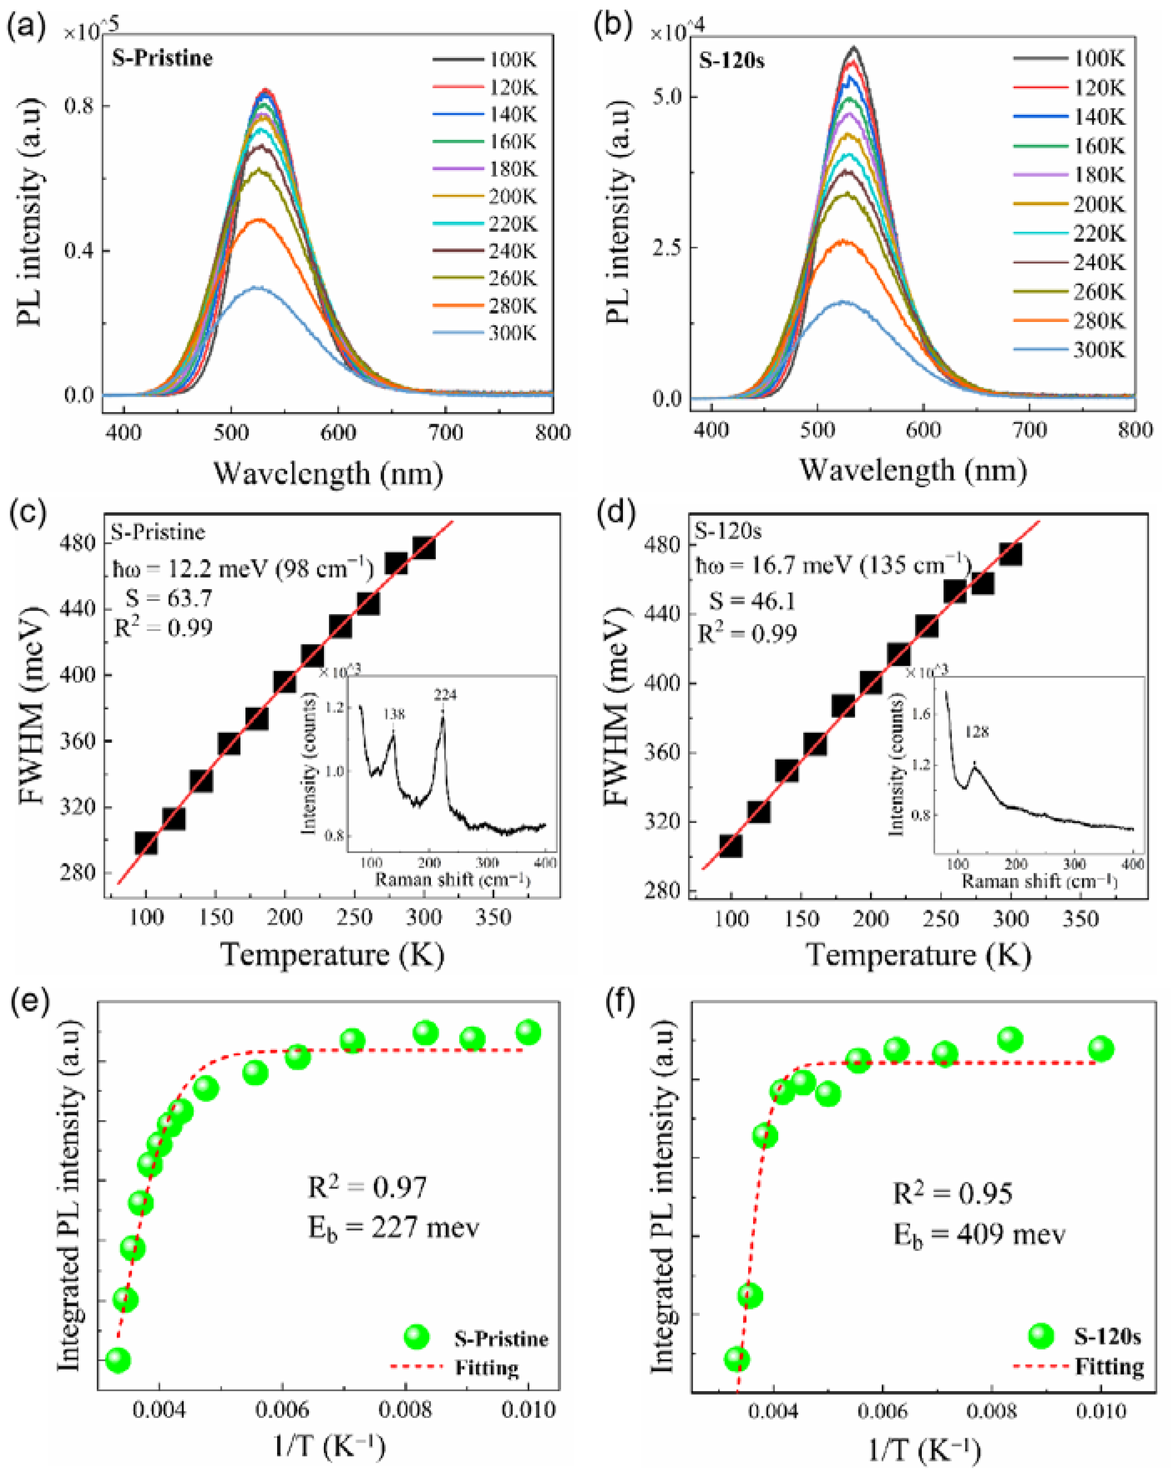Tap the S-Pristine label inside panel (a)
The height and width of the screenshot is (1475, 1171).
(x=162, y=58)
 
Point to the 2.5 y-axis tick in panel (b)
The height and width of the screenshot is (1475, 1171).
(x=667, y=247)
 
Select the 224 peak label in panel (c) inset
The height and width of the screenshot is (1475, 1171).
(x=445, y=695)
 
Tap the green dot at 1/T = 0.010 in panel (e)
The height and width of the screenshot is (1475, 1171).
(x=528, y=1031)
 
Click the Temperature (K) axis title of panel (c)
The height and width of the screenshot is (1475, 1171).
(x=332, y=954)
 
